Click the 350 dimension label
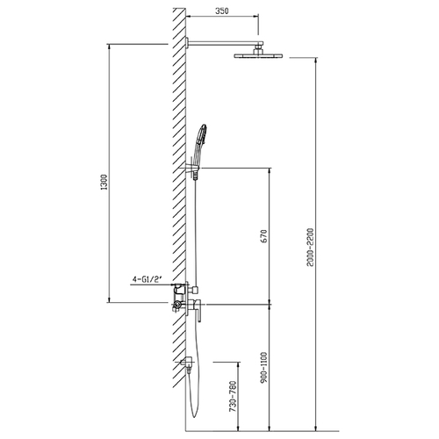point(222,11)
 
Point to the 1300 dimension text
point(104,182)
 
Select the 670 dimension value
point(263,236)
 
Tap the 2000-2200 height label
point(310,248)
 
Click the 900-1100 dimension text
point(263,368)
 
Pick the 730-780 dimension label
point(233,397)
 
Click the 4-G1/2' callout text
point(148,279)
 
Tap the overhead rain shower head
point(258,55)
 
